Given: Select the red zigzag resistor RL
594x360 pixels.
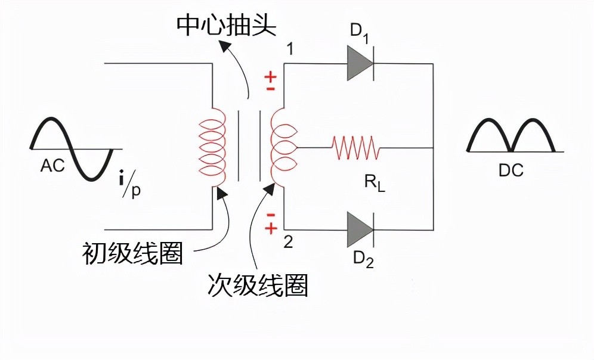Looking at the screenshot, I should tap(355, 147).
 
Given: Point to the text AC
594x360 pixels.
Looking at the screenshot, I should tap(52, 166).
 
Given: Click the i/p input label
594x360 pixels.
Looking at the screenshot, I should tap(129, 183).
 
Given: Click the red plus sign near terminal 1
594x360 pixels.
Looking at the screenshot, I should tap(271, 77).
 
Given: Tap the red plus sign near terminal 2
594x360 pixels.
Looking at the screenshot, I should tap(271, 227).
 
